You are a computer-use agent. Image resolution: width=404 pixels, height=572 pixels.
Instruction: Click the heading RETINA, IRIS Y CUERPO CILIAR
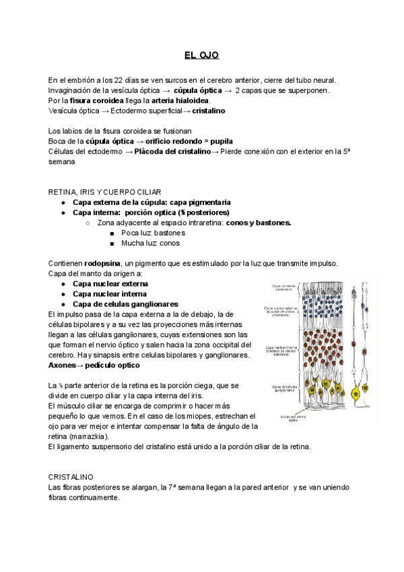click(x=104, y=192)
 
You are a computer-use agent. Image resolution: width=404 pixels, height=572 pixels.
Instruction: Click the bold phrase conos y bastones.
click(x=259, y=222)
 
